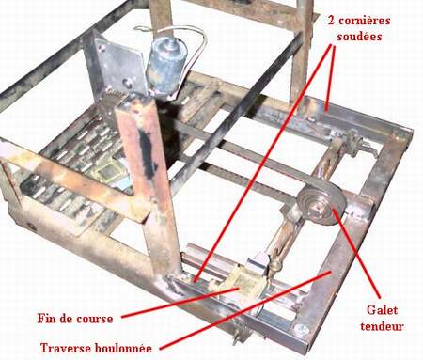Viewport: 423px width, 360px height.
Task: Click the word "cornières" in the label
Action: tap(365, 21)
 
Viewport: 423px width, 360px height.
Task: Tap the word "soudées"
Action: tap(359, 37)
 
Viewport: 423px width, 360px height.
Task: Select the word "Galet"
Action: tap(382, 310)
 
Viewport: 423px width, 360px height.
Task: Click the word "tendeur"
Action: tap(382, 326)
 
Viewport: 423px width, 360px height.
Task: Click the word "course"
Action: tap(94, 320)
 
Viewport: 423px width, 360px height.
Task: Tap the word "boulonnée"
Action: tap(123, 348)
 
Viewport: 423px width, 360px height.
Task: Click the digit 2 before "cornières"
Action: tap(331, 21)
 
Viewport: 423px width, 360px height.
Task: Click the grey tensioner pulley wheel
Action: tap(321, 206)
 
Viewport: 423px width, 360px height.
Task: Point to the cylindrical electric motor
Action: tap(165, 68)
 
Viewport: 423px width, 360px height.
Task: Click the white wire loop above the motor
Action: tap(176, 35)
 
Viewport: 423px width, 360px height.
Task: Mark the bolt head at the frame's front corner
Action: tap(301, 329)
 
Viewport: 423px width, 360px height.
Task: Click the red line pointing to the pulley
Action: tap(356, 253)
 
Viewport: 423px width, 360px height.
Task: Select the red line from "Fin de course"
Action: tap(180, 302)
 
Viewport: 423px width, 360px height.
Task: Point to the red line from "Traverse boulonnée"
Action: tap(245, 309)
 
